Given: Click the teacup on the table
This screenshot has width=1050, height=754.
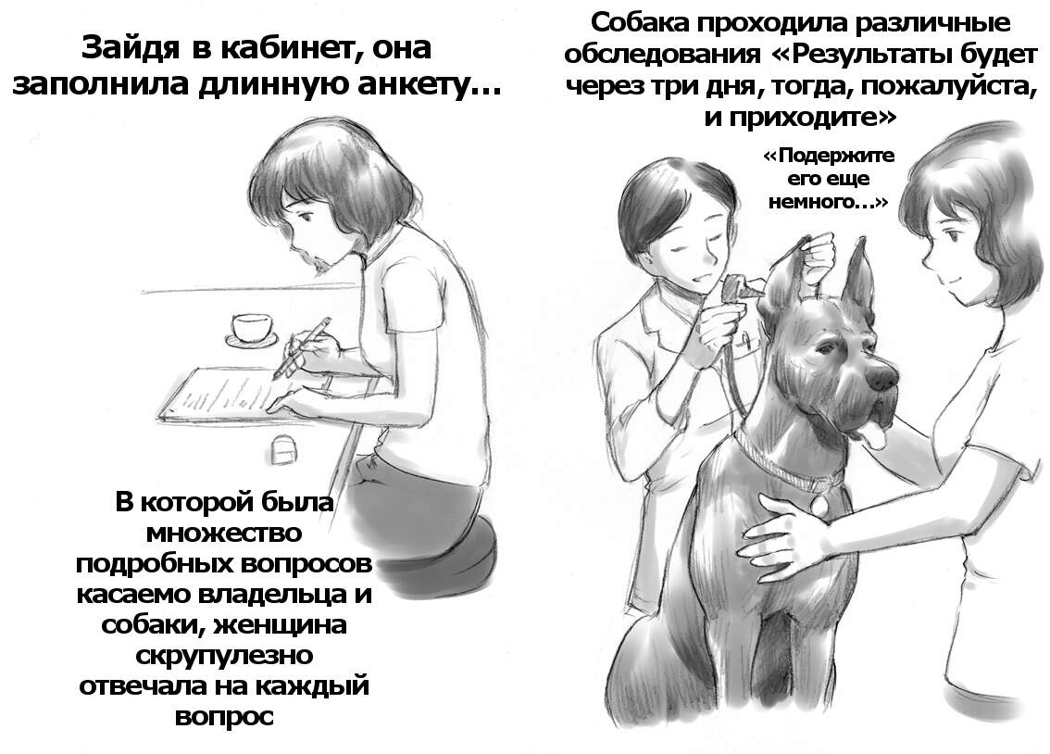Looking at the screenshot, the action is (x=252, y=328).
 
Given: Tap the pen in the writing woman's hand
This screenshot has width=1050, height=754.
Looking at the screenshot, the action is (x=302, y=347).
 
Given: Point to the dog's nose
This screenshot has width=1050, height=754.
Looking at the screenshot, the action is (x=883, y=379).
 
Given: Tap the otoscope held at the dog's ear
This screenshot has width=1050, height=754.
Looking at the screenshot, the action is (x=740, y=288).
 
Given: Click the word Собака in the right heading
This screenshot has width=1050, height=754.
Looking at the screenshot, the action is (x=640, y=23).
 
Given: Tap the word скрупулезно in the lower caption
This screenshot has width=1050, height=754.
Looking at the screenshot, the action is (x=224, y=654).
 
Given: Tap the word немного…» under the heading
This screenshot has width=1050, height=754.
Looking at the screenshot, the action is (x=829, y=202).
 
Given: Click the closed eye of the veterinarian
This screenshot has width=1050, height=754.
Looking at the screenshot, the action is (x=681, y=249).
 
